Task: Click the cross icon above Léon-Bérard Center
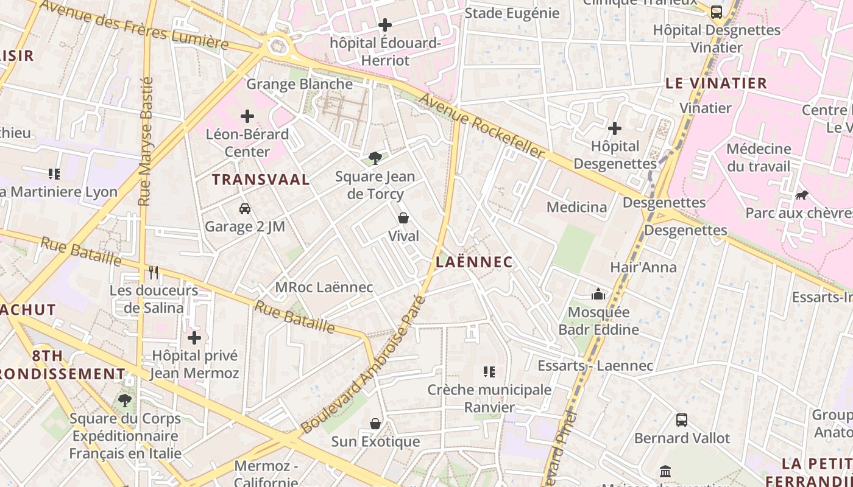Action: point(247,116)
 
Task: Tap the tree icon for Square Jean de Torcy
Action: point(375,158)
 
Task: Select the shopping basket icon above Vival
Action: point(403,218)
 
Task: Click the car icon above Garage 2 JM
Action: point(245,209)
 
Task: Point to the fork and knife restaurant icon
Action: point(154,272)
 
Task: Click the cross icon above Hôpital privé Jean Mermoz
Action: point(194,337)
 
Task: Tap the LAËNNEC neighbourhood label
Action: point(474,262)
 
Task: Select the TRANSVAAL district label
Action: point(261,180)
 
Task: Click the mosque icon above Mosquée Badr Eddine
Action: point(598,295)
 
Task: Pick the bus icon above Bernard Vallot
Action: point(682,420)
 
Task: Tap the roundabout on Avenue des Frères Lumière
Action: point(278,45)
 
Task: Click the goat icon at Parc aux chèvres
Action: point(802,195)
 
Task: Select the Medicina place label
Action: point(576,207)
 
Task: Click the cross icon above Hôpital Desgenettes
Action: point(615,128)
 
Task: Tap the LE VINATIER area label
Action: point(716,83)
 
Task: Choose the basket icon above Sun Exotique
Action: point(375,424)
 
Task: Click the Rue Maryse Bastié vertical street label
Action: point(146,141)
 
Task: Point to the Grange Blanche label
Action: point(299,84)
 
